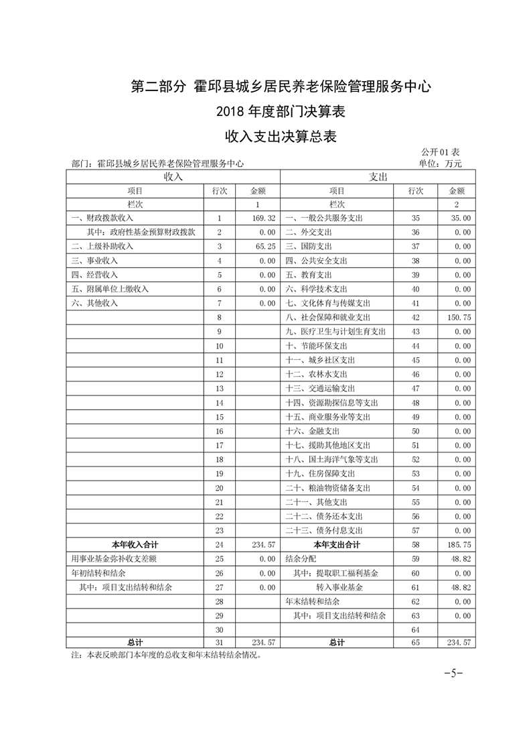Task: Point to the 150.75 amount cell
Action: click(458, 318)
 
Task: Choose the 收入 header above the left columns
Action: click(173, 177)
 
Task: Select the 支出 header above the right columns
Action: click(378, 177)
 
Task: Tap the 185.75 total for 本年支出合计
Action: click(458, 545)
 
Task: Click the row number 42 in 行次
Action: click(415, 318)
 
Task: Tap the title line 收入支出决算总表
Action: click(280, 137)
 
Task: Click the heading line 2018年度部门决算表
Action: click(280, 111)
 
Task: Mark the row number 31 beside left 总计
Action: click(219, 642)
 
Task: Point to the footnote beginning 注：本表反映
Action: click(165, 655)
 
